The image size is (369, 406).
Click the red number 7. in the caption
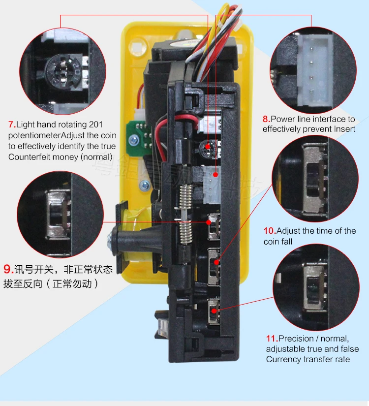[12, 125]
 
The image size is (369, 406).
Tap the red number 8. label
[267, 119]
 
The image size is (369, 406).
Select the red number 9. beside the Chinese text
[8, 269]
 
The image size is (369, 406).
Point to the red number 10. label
[270, 231]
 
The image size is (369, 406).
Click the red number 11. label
[272, 339]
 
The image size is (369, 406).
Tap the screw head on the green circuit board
[134, 140]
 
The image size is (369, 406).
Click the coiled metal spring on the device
[186, 214]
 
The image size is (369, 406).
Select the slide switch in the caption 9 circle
[59, 214]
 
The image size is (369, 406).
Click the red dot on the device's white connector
[215, 175]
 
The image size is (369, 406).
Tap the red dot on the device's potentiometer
[208, 147]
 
